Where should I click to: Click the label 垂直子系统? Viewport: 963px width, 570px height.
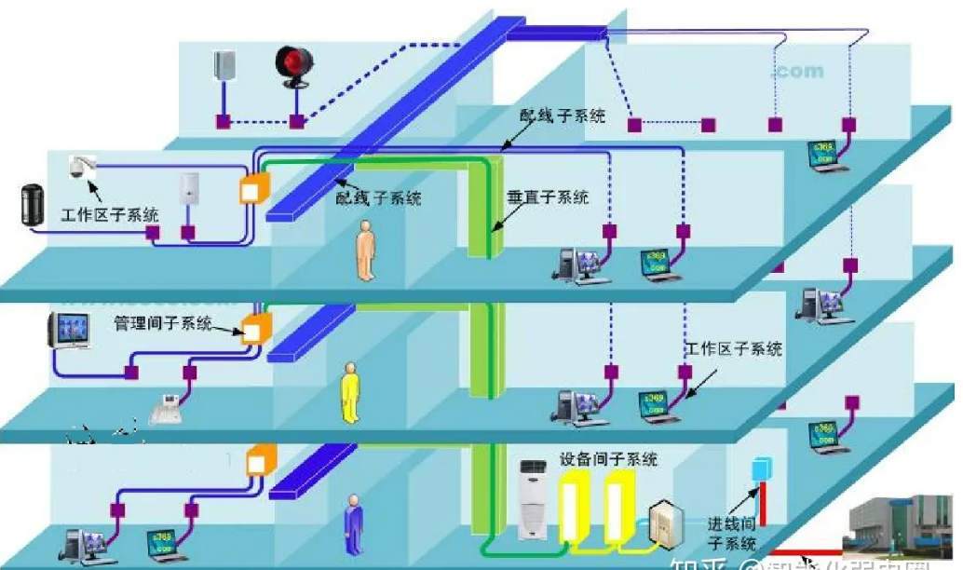[x=548, y=197]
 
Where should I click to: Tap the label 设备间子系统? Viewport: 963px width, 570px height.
[x=608, y=459]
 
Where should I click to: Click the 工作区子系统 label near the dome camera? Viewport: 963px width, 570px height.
[x=110, y=215]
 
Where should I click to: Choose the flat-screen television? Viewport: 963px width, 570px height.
[x=67, y=331]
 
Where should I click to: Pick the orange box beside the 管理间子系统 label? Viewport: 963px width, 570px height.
[x=254, y=329]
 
